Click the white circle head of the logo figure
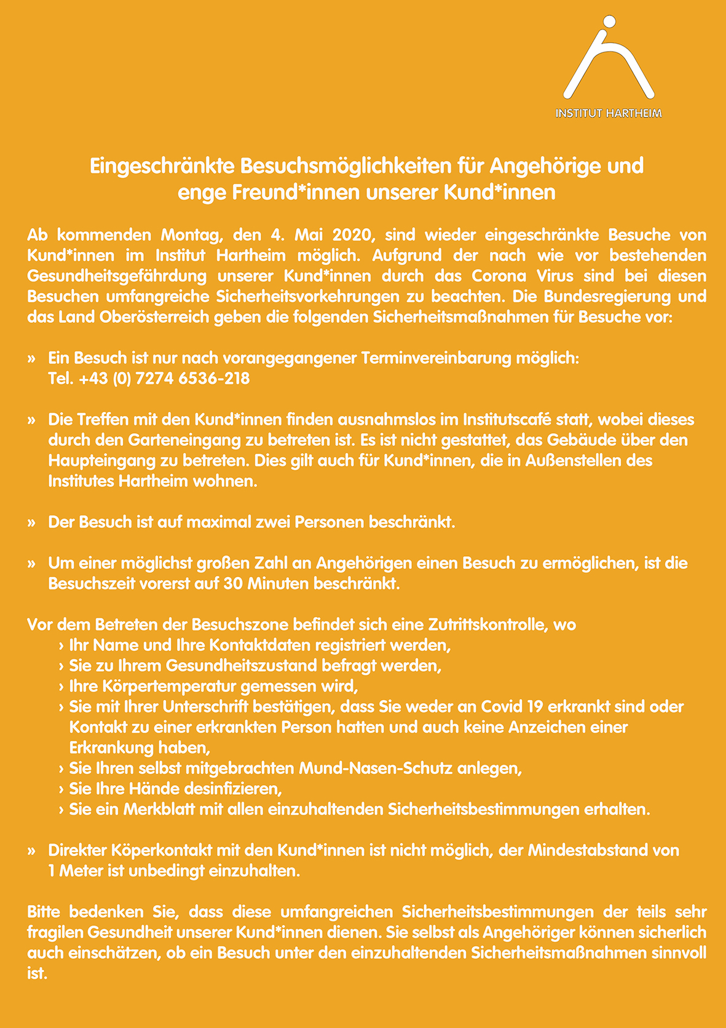click(608, 22)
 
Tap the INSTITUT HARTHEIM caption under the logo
click(609, 114)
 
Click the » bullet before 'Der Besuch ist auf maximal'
click(31, 523)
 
